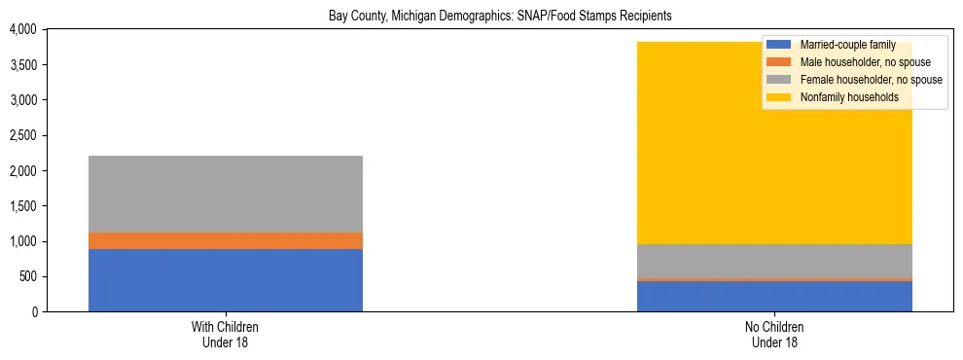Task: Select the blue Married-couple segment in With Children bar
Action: click(226, 280)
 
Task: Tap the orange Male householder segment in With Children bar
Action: click(226, 240)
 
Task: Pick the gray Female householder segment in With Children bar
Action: click(226, 194)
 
